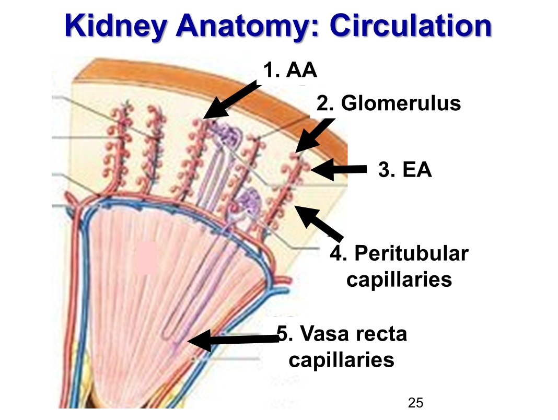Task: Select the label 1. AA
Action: coord(290,69)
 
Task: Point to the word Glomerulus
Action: coord(401,103)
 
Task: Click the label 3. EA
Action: coord(405,170)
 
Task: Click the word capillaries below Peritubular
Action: coord(399,279)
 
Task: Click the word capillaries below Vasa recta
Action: coord(341,360)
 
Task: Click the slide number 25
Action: coord(415,402)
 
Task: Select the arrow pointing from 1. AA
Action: coord(230,100)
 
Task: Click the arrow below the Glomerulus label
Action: coord(316,134)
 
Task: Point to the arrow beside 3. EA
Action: coord(339,169)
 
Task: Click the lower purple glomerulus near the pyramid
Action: coord(250,201)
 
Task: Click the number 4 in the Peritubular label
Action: coord(336,253)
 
